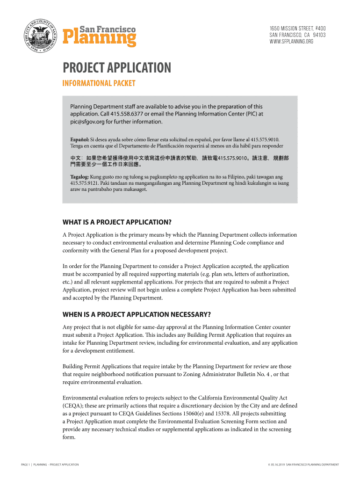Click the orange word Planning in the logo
tap(100, 38)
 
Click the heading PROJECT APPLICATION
tap(117, 68)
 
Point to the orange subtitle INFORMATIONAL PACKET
tap(99, 84)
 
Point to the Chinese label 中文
tap(76, 158)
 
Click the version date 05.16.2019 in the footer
tap(276, 464)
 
